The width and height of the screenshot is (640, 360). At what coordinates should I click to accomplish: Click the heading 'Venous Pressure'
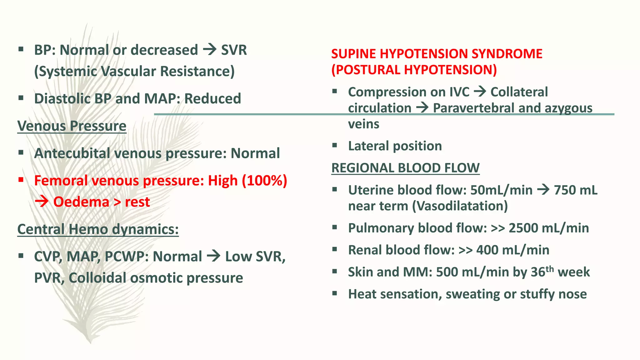point(72,126)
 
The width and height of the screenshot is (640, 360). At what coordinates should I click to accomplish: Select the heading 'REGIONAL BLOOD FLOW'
point(405,168)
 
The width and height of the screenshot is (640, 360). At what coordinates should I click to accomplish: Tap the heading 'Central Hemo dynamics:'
point(98,229)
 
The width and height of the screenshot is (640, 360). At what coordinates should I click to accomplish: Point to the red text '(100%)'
point(264,181)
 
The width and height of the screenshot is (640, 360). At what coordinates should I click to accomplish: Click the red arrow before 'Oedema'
point(42,202)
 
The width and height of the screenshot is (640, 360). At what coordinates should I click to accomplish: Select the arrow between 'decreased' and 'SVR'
point(210,50)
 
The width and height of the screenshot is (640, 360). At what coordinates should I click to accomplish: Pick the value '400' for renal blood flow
point(487,250)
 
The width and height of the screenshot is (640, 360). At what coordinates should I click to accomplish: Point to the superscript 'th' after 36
point(550,269)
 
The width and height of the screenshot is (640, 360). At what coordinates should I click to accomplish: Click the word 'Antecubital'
point(72,153)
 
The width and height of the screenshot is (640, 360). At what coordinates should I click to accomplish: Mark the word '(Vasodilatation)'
point(460,206)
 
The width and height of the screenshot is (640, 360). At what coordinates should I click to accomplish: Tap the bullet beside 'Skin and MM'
point(335,271)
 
